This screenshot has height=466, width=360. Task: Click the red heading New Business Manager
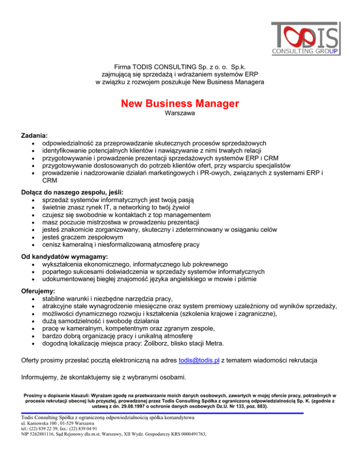[x=180, y=103]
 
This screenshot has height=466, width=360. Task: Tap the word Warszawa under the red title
[x=180, y=113]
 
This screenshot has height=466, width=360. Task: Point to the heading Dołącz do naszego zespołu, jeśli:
[x=64, y=192]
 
